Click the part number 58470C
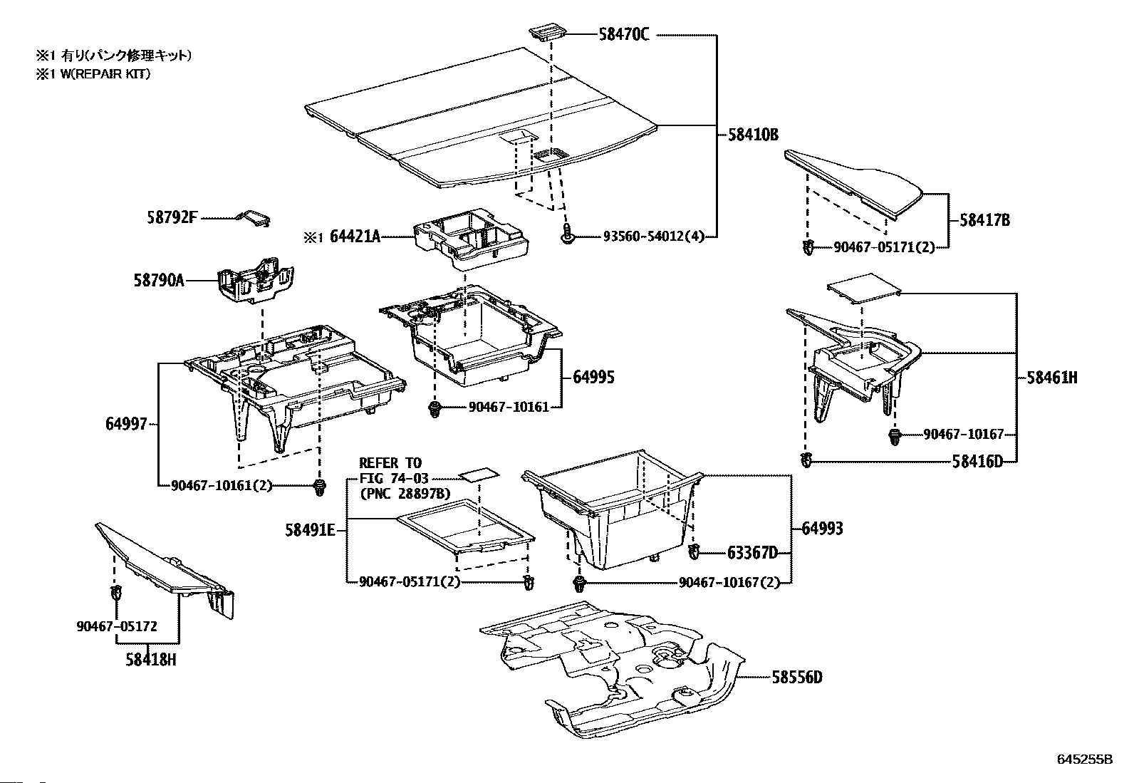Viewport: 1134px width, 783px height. click(x=623, y=34)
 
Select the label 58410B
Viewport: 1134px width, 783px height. click(x=753, y=133)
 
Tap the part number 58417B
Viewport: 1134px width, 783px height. click(x=984, y=220)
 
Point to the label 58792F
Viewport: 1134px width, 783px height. click(x=170, y=218)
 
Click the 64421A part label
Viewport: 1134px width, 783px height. click(x=355, y=237)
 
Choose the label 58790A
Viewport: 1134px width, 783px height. click(x=158, y=281)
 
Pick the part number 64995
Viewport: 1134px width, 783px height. click(x=593, y=377)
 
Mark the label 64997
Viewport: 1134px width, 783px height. click(x=126, y=425)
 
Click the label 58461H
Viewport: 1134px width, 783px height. click(x=1052, y=378)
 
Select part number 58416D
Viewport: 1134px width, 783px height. click(x=977, y=462)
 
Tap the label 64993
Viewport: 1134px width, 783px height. click(x=822, y=528)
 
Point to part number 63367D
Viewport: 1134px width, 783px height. click(x=752, y=552)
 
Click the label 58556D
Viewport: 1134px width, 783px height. click(x=796, y=677)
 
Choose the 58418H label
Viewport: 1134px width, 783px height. click(x=150, y=660)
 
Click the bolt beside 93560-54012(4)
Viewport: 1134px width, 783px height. click(x=568, y=237)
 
